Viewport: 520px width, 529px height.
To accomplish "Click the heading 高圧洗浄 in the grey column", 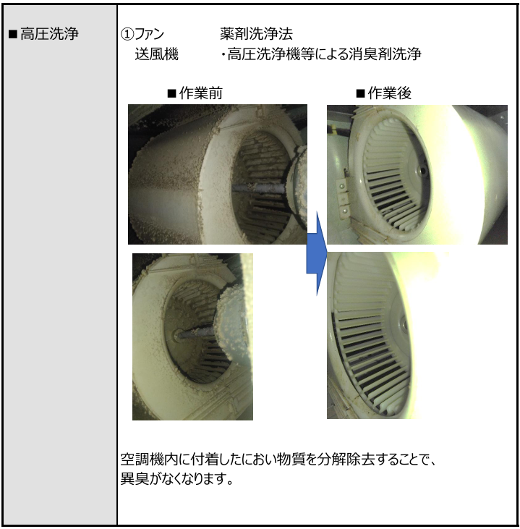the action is pyautogui.click(x=49, y=34).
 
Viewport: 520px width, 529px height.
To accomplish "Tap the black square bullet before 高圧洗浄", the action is pyautogui.click(x=13, y=34).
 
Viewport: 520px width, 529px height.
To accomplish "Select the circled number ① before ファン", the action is pyautogui.click(x=127, y=34).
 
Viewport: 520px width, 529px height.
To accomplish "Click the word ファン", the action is pyautogui.click(x=149, y=34).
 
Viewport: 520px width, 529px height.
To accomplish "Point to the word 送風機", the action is pyautogui.click(x=156, y=54).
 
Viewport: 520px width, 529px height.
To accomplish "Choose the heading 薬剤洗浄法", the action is pyautogui.click(x=256, y=34).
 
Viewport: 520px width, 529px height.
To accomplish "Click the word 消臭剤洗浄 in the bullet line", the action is pyautogui.click(x=385, y=54).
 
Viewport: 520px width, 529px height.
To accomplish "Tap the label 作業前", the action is pyautogui.click(x=201, y=93).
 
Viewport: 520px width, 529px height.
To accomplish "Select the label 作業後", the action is pyautogui.click(x=390, y=93).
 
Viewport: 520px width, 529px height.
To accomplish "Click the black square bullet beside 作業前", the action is pyautogui.click(x=172, y=93).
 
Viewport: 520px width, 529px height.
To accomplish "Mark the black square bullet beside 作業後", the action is pyautogui.click(x=360, y=93).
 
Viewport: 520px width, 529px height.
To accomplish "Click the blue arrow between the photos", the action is pyautogui.click(x=317, y=254).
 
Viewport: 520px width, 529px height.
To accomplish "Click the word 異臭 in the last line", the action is pyautogui.click(x=135, y=478).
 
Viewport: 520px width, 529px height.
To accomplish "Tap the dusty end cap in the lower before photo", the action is pyautogui.click(x=233, y=326).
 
